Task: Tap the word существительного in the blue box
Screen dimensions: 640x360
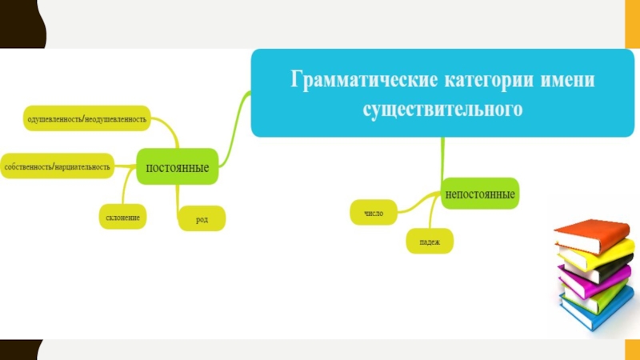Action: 442,108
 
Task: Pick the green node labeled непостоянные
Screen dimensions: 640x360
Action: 480,194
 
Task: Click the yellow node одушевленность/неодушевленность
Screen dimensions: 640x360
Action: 87,119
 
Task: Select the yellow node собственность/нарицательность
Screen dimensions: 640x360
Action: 57,166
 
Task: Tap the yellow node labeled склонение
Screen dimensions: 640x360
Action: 123,217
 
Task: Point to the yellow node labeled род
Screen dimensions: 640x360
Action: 202,218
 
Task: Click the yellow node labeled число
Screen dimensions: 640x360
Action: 374,213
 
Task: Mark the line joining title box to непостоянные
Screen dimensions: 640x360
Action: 442,158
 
